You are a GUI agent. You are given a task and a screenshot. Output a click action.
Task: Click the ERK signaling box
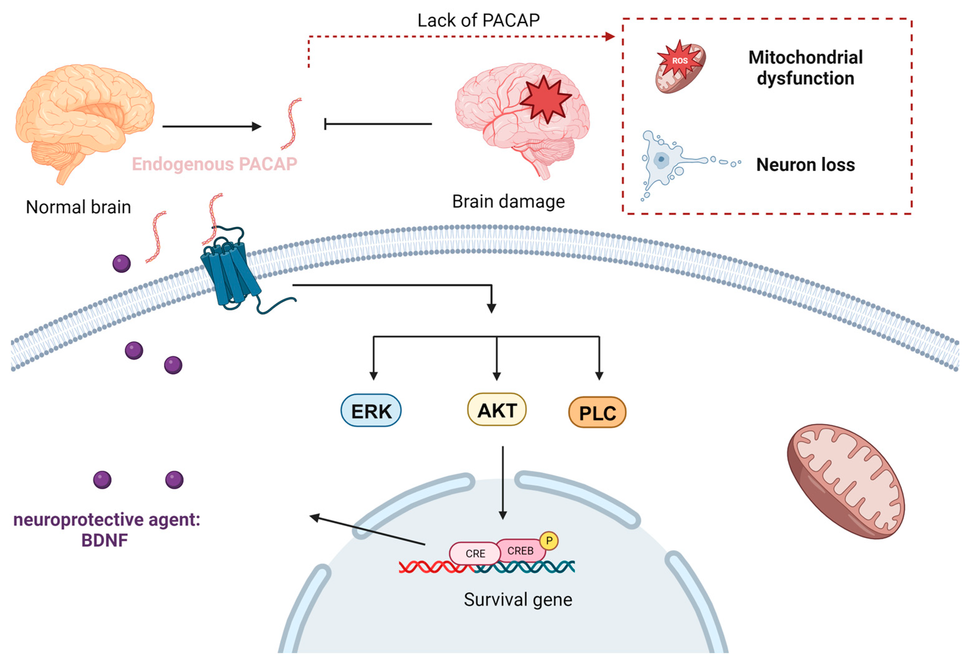pos(371,410)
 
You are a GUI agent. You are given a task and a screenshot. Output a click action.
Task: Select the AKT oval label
pos(497,409)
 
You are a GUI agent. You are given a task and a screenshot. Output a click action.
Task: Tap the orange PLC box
pos(597,412)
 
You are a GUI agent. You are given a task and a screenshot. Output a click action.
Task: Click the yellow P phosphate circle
pos(549,541)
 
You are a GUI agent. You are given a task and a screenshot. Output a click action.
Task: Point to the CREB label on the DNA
pos(520,551)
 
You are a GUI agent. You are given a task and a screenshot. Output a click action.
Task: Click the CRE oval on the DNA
pos(475,553)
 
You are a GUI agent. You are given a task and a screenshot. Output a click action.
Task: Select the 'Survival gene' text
pos(518,600)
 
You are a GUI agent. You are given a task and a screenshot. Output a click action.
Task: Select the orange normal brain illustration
pos(84,124)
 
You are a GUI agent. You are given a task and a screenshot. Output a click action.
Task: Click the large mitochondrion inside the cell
pos(846,481)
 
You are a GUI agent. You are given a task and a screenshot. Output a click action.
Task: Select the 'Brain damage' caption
pos(508,202)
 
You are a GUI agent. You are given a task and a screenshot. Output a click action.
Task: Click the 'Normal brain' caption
pos(78,207)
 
